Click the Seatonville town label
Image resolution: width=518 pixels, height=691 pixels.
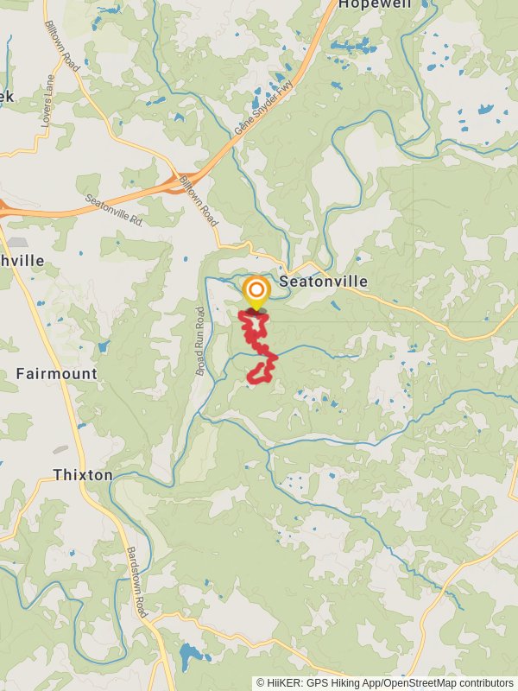pyautogui.click(x=323, y=282)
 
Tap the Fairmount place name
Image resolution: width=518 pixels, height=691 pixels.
pyautogui.click(x=56, y=374)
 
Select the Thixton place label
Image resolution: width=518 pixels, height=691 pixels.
pyautogui.click(x=83, y=475)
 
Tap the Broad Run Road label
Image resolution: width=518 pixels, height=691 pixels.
pyautogui.click(x=200, y=340)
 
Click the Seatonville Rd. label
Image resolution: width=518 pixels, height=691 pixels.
pyautogui.click(x=114, y=211)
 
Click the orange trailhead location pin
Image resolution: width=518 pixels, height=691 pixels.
pyautogui.click(x=256, y=291)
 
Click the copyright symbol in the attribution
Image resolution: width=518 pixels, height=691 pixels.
pyautogui.click(x=261, y=682)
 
